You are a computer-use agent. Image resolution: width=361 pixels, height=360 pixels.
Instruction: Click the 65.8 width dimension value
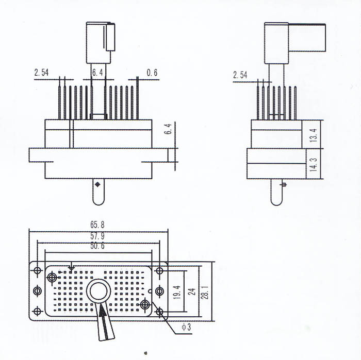click(97, 225)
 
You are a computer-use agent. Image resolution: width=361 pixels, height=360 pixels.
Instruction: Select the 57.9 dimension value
click(97, 236)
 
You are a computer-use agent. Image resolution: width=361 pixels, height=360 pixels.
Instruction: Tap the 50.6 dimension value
click(97, 246)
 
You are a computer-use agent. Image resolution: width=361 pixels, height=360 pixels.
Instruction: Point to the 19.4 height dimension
click(177, 292)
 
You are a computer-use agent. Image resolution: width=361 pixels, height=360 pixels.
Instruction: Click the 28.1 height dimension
click(205, 292)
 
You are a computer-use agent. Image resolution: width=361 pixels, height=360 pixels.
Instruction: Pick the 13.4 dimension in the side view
click(314, 135)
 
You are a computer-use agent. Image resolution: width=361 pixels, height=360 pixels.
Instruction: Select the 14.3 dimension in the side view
click(314, 165)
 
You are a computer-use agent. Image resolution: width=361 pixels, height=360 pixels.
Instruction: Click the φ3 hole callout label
click(187, 327)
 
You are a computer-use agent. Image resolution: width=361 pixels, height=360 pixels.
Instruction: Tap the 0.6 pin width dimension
click(152, 73)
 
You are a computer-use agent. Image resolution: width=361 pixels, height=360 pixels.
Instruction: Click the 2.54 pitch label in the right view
click(240, 75)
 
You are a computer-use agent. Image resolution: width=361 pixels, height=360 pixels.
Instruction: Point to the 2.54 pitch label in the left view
click(41, 73)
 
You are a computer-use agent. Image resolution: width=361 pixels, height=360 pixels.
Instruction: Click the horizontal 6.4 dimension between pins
click(97, 73)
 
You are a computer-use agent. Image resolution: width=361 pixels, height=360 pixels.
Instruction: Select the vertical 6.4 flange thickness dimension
click(168, 129)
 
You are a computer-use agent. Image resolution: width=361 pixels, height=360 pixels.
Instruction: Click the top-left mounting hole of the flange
click(37, 270)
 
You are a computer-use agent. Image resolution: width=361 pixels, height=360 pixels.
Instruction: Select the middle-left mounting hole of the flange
click(37, 291)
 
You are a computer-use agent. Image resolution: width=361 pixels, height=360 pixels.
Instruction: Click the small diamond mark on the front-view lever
click(97, 184)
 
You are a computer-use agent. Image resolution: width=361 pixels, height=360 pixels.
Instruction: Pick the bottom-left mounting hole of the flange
click(37, 312)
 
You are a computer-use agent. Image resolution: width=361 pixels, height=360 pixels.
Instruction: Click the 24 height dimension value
click(193, 292)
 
